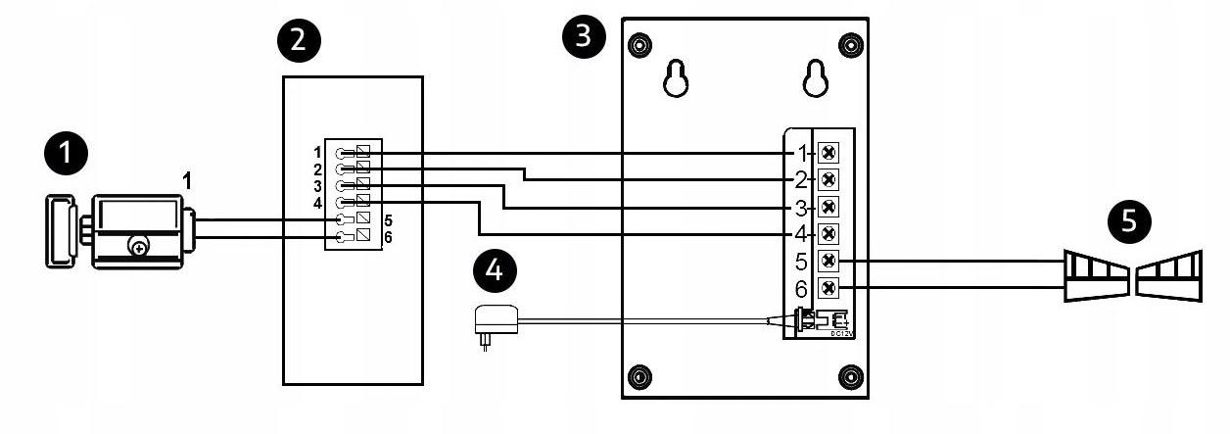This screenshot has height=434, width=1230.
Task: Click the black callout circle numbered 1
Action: pyautogui.click(x=66, y=155)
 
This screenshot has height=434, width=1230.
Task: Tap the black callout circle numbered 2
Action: pyautogui.click(x=298, y=40)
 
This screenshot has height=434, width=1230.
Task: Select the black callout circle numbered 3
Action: pyautogui.click(x=584, y=38)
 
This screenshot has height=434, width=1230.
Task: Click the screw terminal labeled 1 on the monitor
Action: pyautogui.click(x=828, y=153)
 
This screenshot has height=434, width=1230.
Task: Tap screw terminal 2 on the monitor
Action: pyautogui.click(x=828, y=179)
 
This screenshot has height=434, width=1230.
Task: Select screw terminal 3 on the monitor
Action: pyautogui.click(x=828, y=207)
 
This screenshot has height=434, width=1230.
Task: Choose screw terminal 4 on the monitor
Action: pyautogui.click(x=828, y=234)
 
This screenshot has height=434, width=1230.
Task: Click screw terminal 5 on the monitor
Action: pyautogui.click(x=828, y=262)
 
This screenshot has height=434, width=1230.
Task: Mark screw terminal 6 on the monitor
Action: pyautogui.click(x=828, y=289)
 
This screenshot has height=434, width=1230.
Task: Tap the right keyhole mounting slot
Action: pyautogui.click(x=816, y=80)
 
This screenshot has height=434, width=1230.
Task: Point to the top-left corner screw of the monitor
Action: pyautogui.click(x=639, y=44)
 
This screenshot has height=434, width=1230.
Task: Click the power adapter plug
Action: pyautogui.click(x=487, y=323)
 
